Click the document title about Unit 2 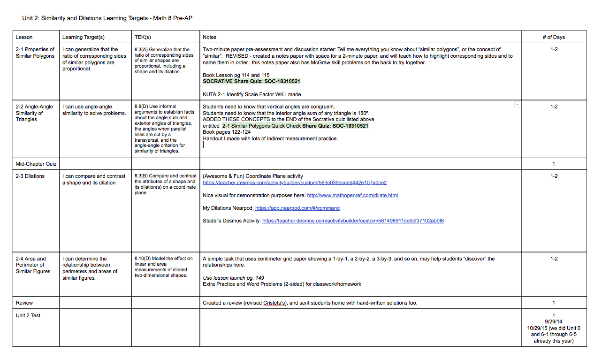coord(107,18)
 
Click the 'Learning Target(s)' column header coord(83,37)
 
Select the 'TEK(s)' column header coord(143,37)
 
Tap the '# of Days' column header coord(554,37)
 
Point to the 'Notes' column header coord(210,37)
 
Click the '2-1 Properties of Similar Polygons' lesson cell coord(35,53)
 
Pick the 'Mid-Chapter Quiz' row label coord(36,164)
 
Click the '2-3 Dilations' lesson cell coord(30,176)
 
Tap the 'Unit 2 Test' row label coord(28,315)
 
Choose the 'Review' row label coord(24,303)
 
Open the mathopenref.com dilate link coord(352,195)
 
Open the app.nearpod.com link coord(297,208)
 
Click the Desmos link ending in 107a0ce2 coord(294,183)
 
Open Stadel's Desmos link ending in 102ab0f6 coord(353,221)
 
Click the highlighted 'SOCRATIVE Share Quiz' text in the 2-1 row coord(251,81)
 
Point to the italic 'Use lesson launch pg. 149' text coord(233,278)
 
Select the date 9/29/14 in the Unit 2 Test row coord(554,322)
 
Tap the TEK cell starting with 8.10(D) coord(163,267)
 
